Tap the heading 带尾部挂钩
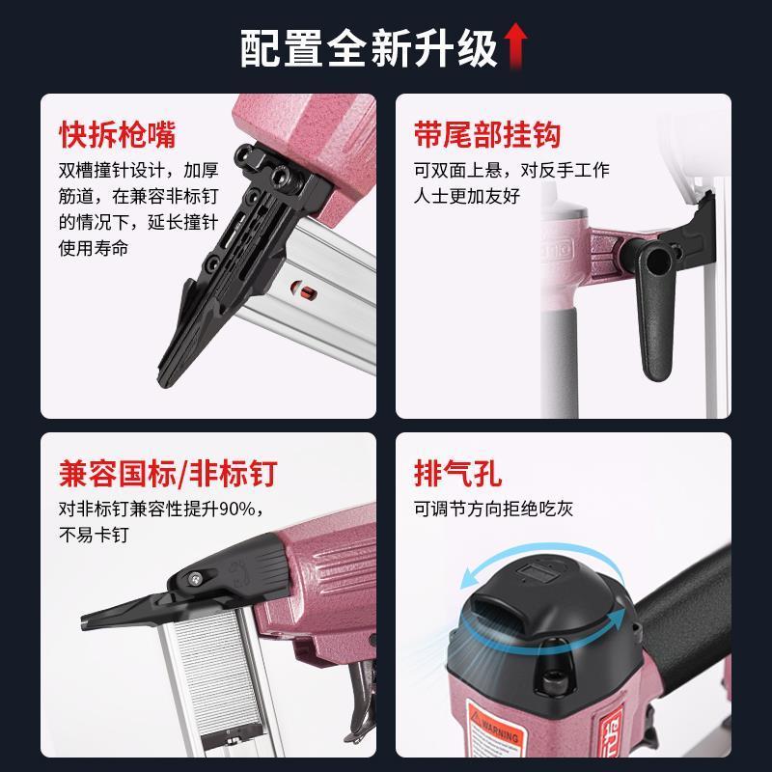487,134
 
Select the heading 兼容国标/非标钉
168,474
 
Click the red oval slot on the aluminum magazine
298,289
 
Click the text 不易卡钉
94,535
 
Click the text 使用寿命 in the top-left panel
94,247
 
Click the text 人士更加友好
467,196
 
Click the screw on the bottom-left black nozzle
197,576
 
